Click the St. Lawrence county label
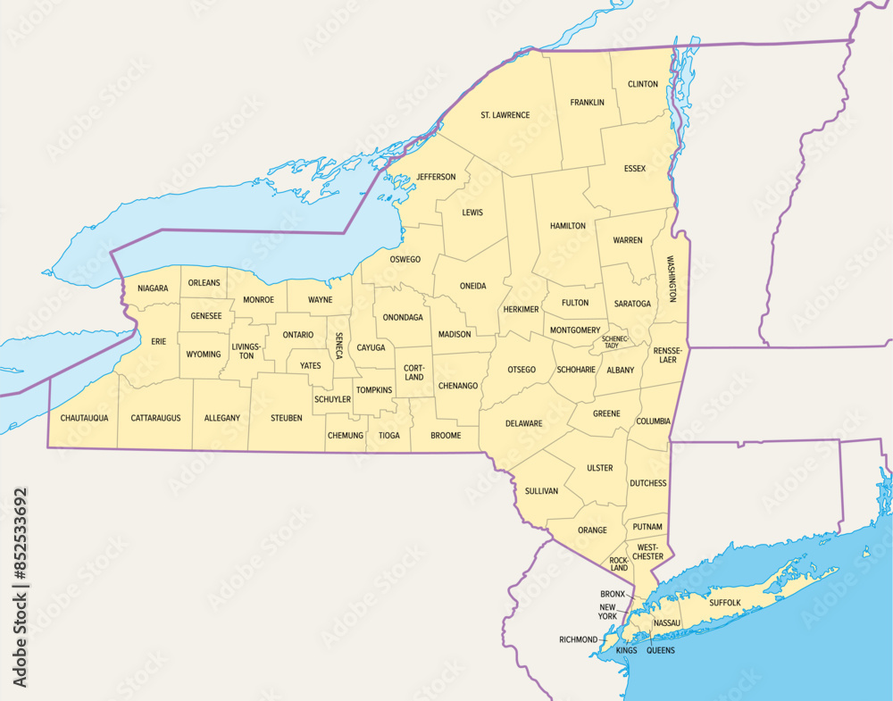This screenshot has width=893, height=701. tap(505, 115)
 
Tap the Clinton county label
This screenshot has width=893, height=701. tap(642, 84)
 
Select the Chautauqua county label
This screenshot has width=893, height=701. tap(84, 417)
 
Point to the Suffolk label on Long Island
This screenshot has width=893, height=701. tap(725, 603)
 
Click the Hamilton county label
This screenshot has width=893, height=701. tap(568, 226)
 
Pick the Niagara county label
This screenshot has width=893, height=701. tap(153, 288)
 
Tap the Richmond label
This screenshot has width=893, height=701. tap(578, 639)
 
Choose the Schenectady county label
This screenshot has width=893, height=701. tap(615, 342)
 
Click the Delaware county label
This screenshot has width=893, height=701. tap(523, 423)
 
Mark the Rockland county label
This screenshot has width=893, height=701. tap(619, 563)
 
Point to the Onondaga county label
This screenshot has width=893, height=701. tap(403, 317)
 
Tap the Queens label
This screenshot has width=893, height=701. tap(660, 650)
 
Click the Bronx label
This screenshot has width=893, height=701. tap(613, 594)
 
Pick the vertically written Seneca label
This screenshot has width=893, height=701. tap(339, 345)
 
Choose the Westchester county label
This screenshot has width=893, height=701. tap(648, 551)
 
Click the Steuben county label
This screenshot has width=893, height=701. tap(287, 417)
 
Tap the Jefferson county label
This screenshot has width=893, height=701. tap(436, 177)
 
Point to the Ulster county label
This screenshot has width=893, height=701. tap(599, 468)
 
